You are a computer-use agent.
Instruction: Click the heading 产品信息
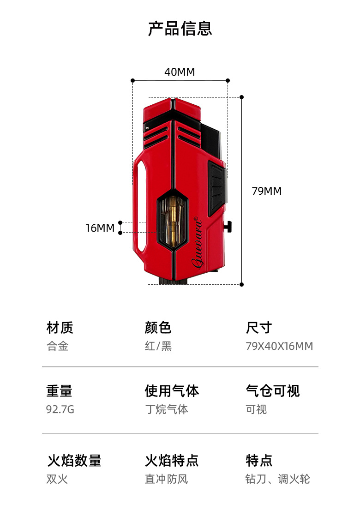(180, 28)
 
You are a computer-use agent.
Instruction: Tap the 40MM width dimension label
(180, 72)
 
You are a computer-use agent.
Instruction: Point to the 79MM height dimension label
(266, 191)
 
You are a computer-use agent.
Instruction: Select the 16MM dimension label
(100, 228)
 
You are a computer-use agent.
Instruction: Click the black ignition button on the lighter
(216, 182)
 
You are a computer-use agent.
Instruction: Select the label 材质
(60, 328)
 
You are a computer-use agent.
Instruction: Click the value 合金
(58, 346)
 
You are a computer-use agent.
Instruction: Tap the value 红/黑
(158, 346)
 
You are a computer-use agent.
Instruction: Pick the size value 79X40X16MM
(279, 346)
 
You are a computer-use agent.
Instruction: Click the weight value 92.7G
(60, 409)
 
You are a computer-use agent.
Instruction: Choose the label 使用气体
(172, 391)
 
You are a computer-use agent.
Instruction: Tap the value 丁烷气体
(167, 409)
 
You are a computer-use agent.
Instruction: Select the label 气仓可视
(273, 391)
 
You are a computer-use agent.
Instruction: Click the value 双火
(57, 479)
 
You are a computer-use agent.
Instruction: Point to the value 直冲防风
(167, 479)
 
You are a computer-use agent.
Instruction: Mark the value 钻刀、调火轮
(277, 479)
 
